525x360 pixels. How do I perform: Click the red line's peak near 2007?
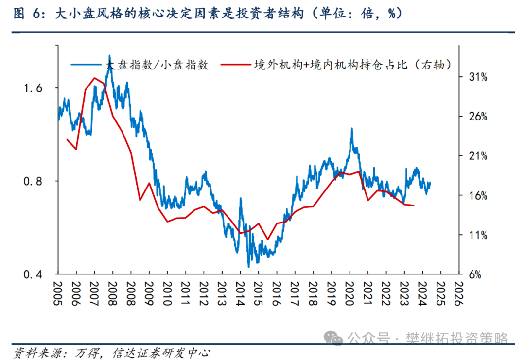point(94,78)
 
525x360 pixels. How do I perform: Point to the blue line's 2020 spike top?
point(352,129)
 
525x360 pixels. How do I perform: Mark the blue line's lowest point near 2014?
point(249,267)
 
